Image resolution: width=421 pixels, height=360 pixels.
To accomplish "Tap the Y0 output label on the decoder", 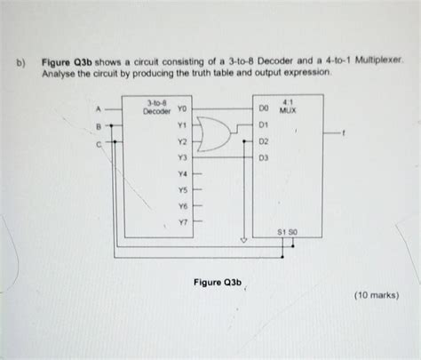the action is pyautogui.click(x=182, y=109).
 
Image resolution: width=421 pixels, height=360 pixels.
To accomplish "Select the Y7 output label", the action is pyautogui.click(x=183, y=222).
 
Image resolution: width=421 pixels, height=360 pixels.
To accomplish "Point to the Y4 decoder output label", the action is pyautogui.click(x=182, y=173).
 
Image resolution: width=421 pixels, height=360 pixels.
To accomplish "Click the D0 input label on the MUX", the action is pyautogui.click(x=264, y=108).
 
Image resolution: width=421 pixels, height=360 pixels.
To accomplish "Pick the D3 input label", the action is pyautogui.click(x=264, y=158).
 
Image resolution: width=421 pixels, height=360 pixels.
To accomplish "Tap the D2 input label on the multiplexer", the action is pyautogui.click(x=264, y=141).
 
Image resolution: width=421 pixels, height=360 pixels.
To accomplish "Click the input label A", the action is pyautogui.click(x=99, y=109).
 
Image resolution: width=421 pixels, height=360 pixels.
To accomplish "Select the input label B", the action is pyautogui.click(x=99, y=126).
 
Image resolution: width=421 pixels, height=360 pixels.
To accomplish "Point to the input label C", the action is pyautogui.click(x=99, y=145).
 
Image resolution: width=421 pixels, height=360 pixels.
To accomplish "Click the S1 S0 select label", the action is pyautogui.click(x=287, y=232).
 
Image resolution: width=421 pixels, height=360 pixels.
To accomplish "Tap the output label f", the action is pyautogui.click(x=343, y=133).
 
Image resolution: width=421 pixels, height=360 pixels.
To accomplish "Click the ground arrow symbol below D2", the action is pyautogui.click(x=243, y=240).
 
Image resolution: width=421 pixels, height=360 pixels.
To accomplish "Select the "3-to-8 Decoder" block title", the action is pyautogui.click(x=157, y=108).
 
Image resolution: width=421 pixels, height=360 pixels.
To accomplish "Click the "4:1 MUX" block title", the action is pyautogui.click(x=288, y=107).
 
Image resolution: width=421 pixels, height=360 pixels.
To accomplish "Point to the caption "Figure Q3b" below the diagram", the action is pyautogui.click(x=218, y=283).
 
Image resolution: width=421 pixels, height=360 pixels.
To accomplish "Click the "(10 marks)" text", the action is pyautogui.click(x=377, y=295).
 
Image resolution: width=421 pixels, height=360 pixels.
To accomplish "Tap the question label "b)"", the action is pyautogui.click(x=20, y=63).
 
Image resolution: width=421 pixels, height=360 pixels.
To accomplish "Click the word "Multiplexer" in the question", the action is pyautogui.click(x=379, y=60).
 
